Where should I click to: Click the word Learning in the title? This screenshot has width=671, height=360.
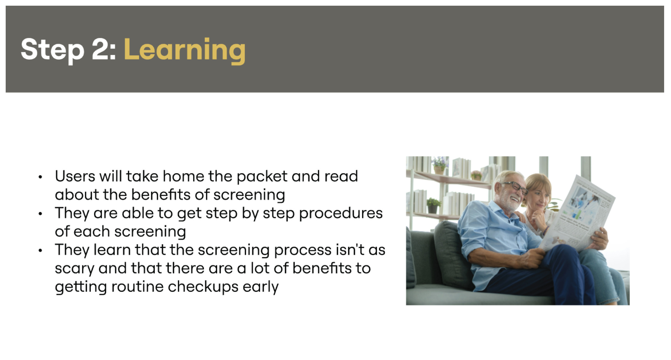[x=184, y=50]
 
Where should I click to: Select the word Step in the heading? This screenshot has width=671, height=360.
[x=52, y=51]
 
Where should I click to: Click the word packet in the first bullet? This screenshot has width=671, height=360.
[x=262, y=176]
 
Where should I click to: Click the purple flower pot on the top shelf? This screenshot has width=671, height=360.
[x=440, y=165]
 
